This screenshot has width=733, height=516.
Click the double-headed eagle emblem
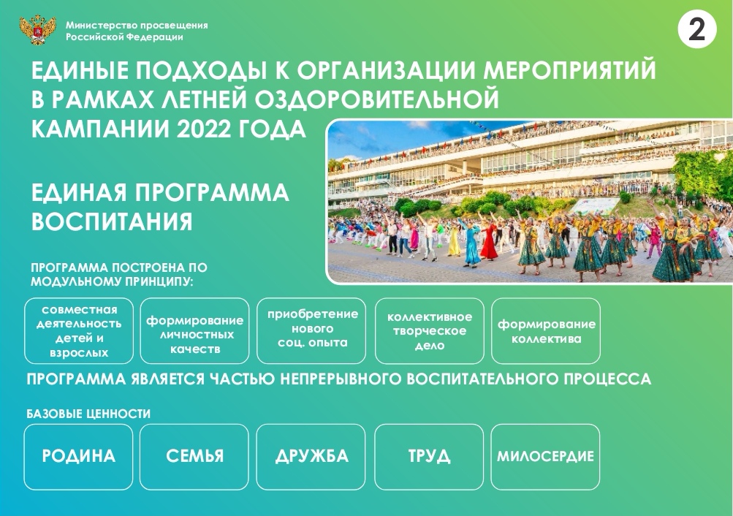(37, 30)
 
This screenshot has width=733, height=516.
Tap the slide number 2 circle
(697, 29)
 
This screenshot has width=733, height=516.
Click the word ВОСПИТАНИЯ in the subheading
(113, 221)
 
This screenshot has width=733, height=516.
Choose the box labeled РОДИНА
(78, 457)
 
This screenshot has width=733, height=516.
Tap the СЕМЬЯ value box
(194, 457)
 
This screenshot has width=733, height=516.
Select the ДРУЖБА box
(311, 457)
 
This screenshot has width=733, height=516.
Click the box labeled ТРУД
(429, 457)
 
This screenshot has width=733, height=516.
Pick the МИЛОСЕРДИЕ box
(545, 457)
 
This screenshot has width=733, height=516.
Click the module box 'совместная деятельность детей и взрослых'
(79, 331)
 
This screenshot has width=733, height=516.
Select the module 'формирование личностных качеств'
(194, 331)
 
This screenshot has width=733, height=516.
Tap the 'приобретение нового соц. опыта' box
(311, 331)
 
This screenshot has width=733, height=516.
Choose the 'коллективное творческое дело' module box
(430, 331)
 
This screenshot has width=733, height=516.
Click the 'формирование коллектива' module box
(546, 331)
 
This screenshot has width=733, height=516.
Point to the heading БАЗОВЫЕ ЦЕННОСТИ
(88, 414)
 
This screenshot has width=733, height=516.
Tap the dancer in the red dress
(489, 241)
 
